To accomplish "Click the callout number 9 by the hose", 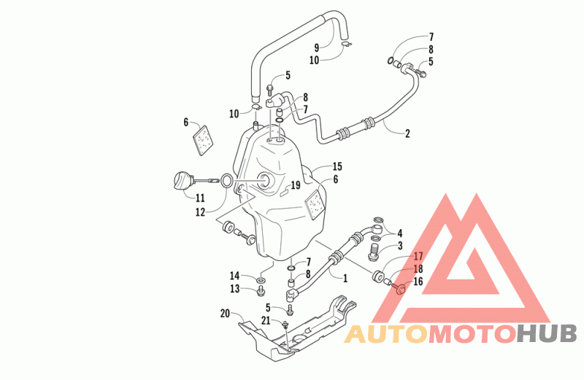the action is point(317,47).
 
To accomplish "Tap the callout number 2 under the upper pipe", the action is point(407,133).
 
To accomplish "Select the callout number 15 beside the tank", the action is point(337,166).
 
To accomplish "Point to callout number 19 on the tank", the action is point(296,185).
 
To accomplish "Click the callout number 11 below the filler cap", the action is point(200,198).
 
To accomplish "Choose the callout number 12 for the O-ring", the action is point(200,212).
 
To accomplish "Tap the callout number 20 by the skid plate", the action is point(225,314).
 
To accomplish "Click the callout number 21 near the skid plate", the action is point(266,320).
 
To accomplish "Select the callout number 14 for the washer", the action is point(234,276).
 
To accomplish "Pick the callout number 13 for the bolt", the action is point(234,289).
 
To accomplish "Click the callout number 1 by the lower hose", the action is point(345,278).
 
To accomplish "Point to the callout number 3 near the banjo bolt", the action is point(400,246).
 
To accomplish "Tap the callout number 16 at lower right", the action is point(418,281).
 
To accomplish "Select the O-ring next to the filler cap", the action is point(227,182).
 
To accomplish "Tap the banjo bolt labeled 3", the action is point(373,251).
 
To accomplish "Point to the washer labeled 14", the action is point(261,279).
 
